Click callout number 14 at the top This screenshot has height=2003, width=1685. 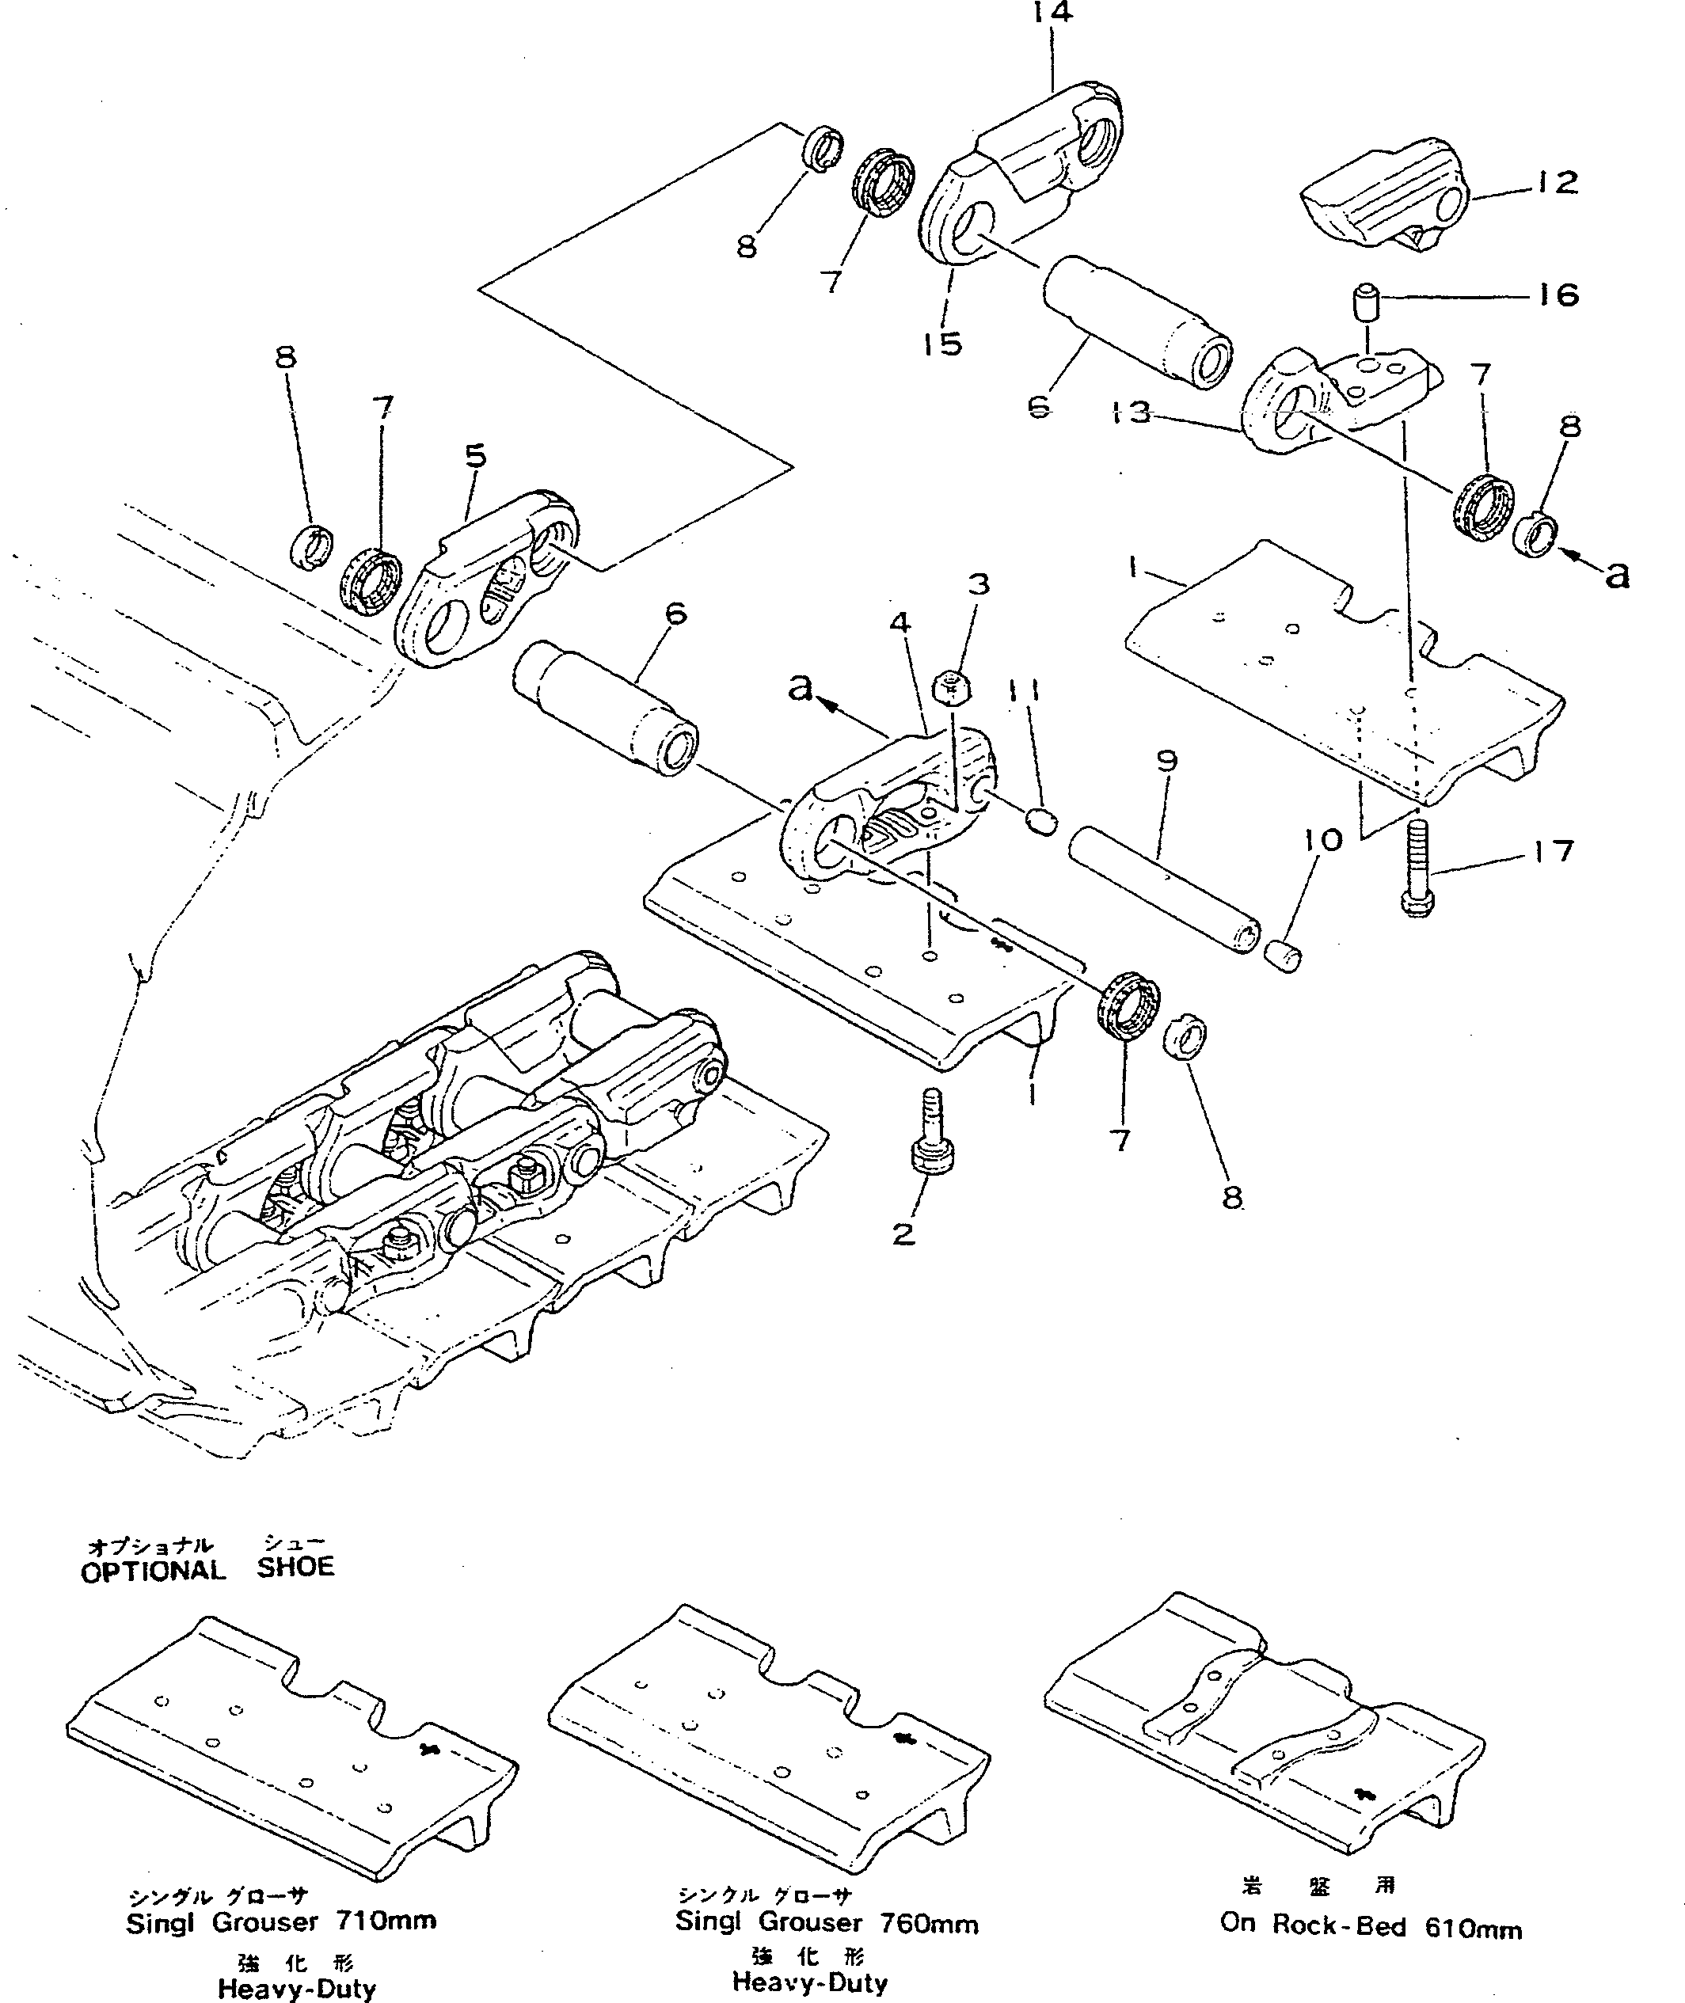click(1052, 13)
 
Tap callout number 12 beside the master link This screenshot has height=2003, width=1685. click(1558, 182)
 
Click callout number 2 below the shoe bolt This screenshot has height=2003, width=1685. click(903, 1234)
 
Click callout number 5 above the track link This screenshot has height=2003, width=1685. click(476, 457)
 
